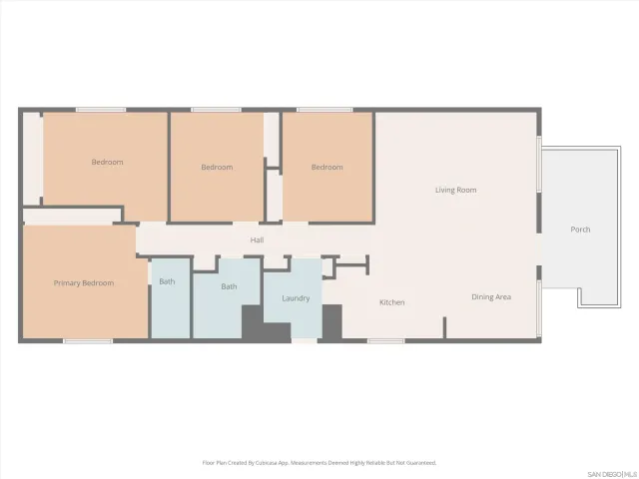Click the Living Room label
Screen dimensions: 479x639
pyautogui.click(x=455, y=190)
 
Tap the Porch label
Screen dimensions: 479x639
pyautogui.click(x=580, y=230)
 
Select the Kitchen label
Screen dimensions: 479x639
pyautogui.click(x=391, y=301)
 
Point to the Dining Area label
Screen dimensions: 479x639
pyautogui.click(x=491, y=296)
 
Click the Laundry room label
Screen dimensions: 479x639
pyautogui.click(x=296, y=297)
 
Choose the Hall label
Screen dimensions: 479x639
pyautogui.click(x=257, y=239)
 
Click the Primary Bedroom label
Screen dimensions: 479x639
pyautogui.click(x=84, y=283)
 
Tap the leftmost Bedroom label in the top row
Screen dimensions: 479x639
pyautogui.click(x=107, y=162)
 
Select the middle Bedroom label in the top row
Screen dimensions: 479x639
pyautogui.click(x=217, y=167)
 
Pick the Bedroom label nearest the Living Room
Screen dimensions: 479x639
pyautogui.click(x=326, y=167)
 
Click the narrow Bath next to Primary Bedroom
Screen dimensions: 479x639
pyautogui.click(x=167, y=281)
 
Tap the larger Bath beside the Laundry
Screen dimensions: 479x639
pyautogui.click(x=229, y=286)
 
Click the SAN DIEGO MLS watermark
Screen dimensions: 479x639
pyautogui.click(x=609, y=472)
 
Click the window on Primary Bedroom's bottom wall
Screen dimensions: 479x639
pyautogui.click(x=87, y=341)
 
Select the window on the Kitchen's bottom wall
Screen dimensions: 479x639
pyautogui.click(x=385, y=341)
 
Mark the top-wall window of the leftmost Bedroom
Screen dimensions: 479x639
pyautogui.click(x=101, y=110)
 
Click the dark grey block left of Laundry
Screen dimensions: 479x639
pyautogui.click(x=253, y=324)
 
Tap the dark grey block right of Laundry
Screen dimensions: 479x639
pyautogui.click(x=331, y=322)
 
